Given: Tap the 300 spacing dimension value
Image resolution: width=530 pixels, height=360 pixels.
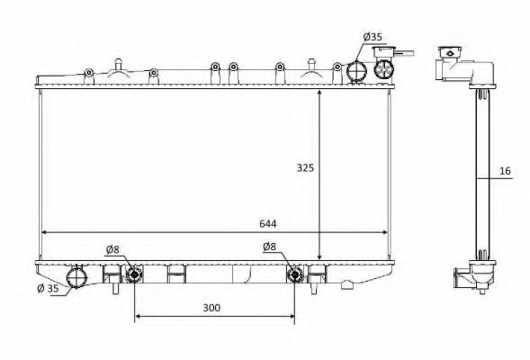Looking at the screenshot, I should pos(211,307).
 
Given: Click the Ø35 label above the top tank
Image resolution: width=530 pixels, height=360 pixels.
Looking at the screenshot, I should pos(372,37).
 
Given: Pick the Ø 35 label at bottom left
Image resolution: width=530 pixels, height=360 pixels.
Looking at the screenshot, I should pos(49,289).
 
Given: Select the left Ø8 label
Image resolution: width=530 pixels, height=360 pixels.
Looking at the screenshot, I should pos(113,248).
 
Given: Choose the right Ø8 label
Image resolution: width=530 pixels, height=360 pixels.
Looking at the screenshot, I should pos(269,247).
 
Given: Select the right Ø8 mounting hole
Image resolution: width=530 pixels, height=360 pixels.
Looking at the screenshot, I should pos(294,274).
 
